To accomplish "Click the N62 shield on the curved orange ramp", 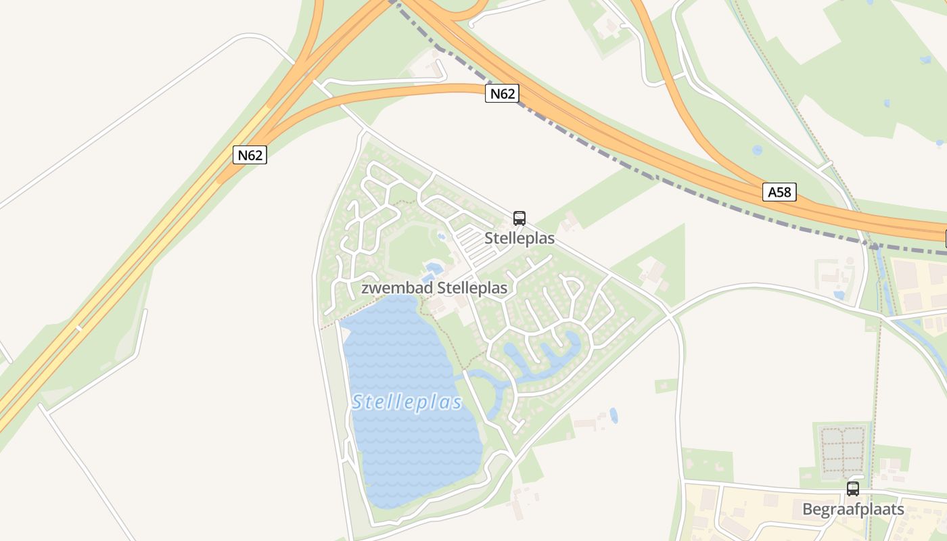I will [502, 94].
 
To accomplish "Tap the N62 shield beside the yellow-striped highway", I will [250, 155].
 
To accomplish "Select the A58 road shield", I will [779, 192].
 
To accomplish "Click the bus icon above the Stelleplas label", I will [519, 218].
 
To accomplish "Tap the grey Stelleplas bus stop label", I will [519, 239].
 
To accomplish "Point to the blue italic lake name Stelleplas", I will [407, 403].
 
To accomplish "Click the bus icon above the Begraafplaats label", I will [853, 489].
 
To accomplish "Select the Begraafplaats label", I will [853, 509].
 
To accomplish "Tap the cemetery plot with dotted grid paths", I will [843, 450].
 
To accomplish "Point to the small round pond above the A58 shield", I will [757, 149].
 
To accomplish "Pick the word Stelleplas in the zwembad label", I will [472, 288].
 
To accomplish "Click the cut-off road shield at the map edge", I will [945, 237].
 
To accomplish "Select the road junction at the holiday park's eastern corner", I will [669, 314].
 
